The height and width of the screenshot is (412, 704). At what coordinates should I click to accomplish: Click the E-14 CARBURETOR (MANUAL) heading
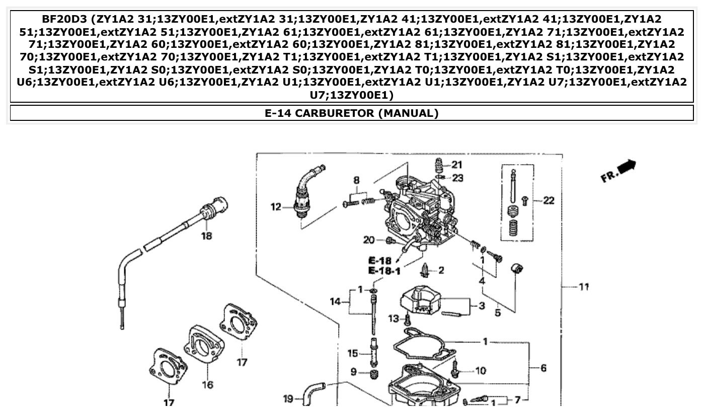tap(351, 113)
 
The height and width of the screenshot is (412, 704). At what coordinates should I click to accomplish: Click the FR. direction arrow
tap(618, 171)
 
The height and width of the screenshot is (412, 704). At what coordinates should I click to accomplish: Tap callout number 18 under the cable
tap(206, 236)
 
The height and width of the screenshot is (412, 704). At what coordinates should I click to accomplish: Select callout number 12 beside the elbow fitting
tap(276, 207)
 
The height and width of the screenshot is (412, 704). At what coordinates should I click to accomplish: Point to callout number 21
tap(456, 164)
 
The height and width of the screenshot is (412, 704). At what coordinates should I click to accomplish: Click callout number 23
tap(457, 178)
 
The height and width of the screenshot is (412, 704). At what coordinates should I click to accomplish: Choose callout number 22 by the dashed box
tap(548, 200)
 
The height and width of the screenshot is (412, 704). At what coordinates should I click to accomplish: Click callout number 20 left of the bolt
tap(369, 240)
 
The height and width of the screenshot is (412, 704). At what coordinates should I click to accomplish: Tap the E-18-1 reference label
tap(384, 271)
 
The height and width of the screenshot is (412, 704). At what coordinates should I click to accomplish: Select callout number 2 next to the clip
tap(441, 270)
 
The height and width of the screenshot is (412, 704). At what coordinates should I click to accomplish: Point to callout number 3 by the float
tap(482, 306)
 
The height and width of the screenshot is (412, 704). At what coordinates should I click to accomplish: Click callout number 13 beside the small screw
tap(394, 318)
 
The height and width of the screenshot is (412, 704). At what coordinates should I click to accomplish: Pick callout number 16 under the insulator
tap(207, 385)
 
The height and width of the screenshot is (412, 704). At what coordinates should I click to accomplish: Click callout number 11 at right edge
tap(583, 287)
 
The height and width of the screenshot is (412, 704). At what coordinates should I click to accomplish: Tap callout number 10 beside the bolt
tap(481, 371)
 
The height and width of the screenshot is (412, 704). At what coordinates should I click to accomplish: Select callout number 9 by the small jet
tap(354, 372)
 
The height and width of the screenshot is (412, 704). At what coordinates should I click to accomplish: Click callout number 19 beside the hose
tap(288, 399)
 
